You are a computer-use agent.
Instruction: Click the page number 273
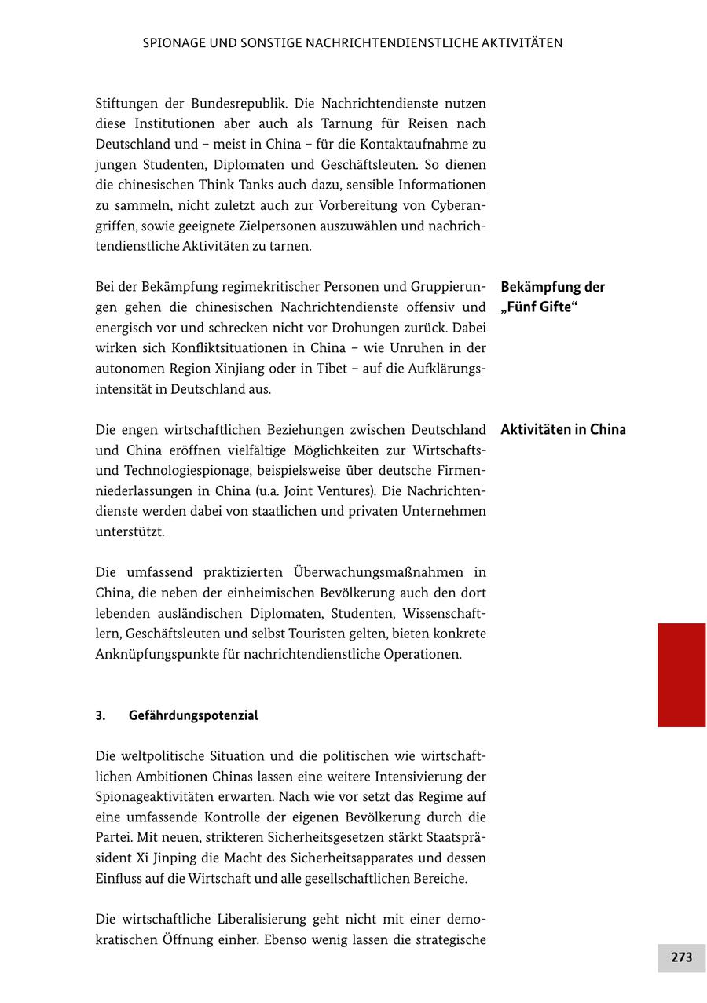tap(681, 957)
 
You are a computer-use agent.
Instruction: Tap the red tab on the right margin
tap(681, 674)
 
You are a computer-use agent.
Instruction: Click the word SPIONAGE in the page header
tap(175, 43)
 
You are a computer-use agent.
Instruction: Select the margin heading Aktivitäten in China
tap(562, 429)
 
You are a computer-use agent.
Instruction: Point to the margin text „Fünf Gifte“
tap(539, 307)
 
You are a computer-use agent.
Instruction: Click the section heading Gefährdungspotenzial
tap(193, 715)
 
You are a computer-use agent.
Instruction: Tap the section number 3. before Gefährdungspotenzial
tap(101, 715)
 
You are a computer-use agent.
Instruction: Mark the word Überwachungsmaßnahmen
tap(379, 572)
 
